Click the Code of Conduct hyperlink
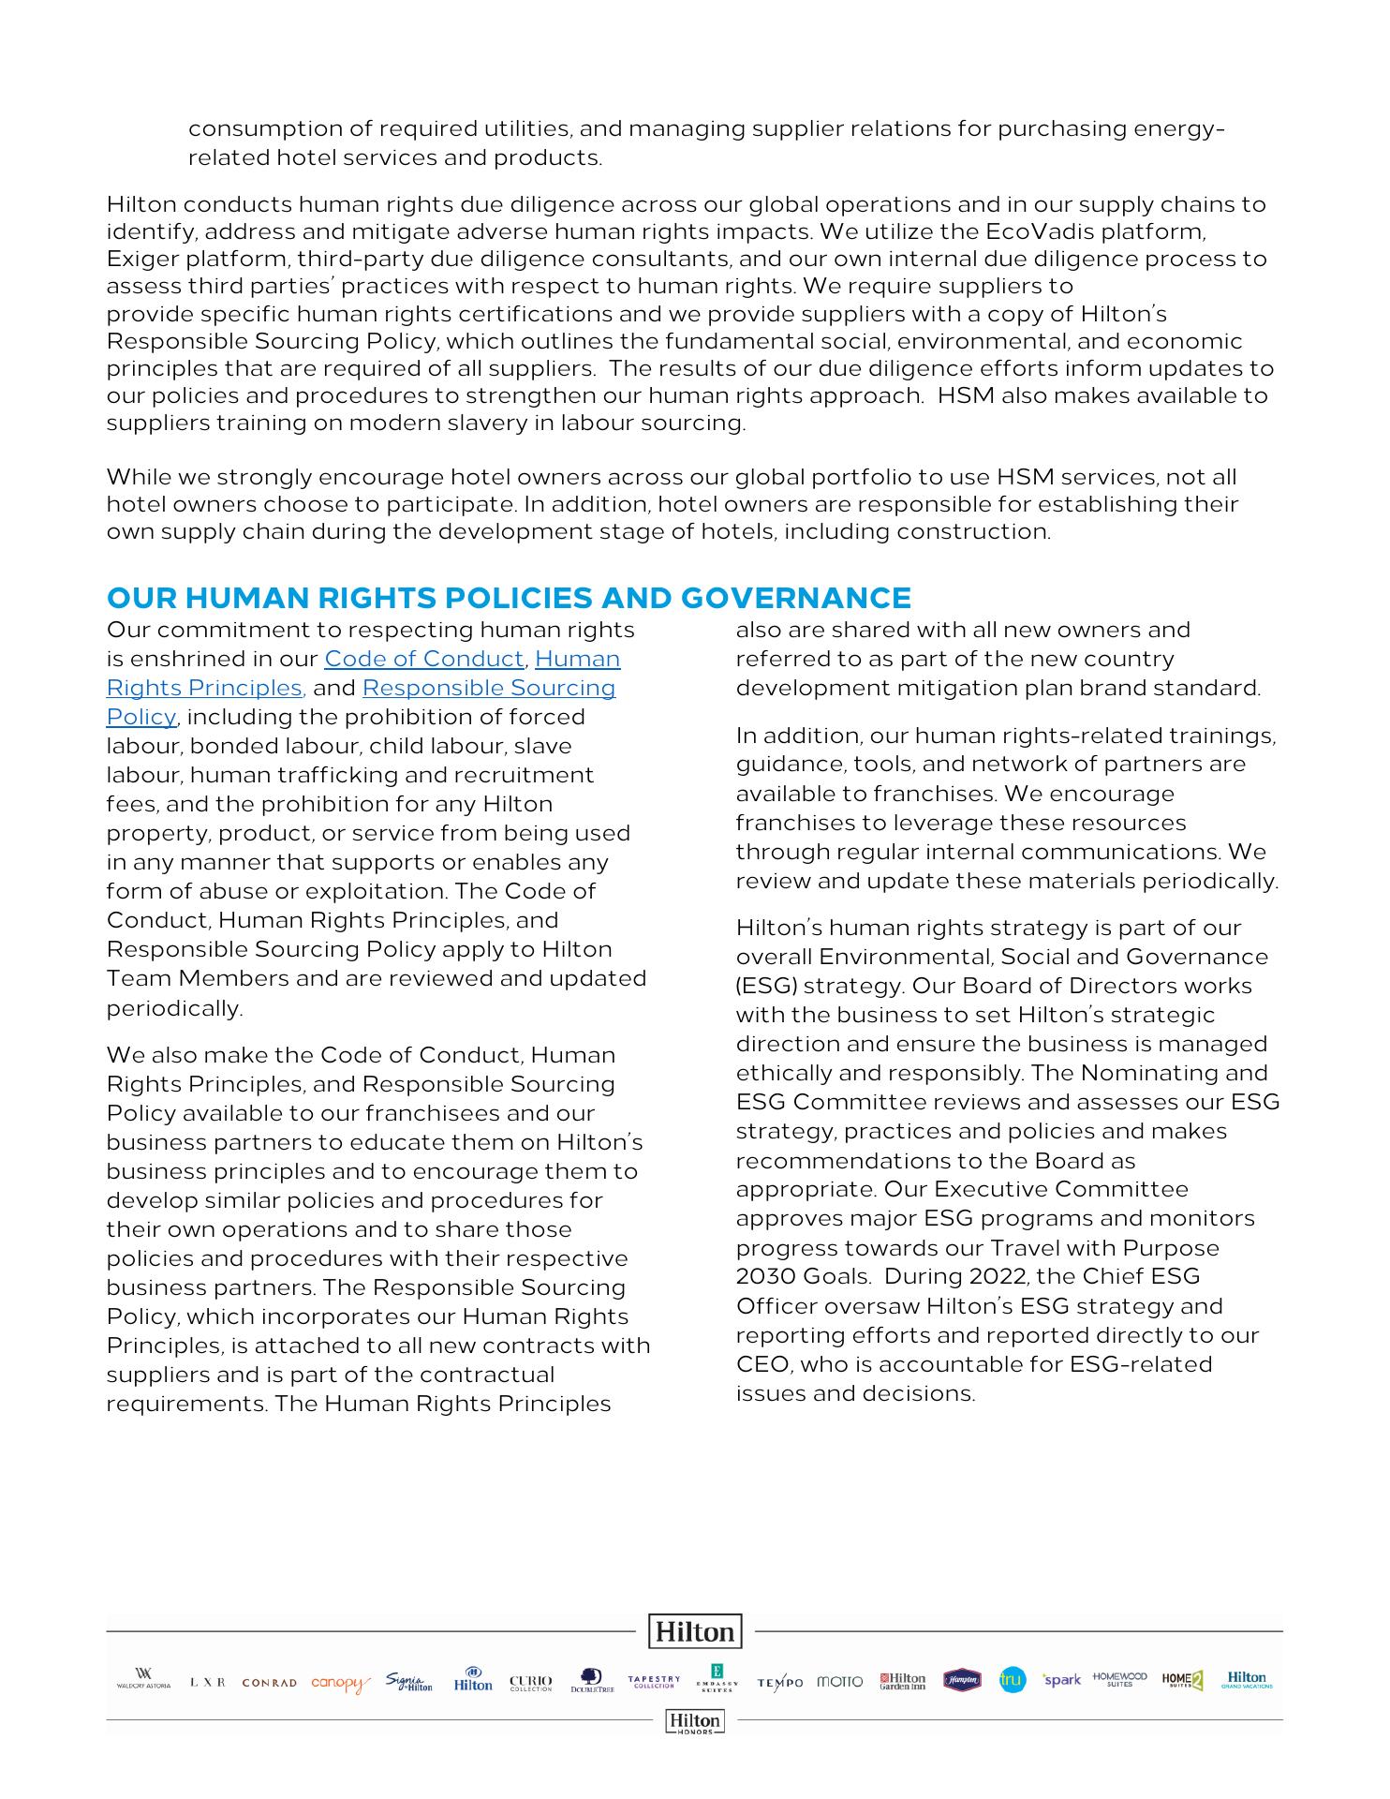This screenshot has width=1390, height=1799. pos(423,659)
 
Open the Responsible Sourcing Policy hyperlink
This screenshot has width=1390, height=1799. pos(488,688)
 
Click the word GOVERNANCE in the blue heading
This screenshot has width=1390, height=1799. pos(795,598)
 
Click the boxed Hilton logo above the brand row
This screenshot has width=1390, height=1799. pos(695,1631)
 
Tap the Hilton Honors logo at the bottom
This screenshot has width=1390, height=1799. pos(695,1721)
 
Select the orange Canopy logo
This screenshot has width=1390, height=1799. pos(340,1683)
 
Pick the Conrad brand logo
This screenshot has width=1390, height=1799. pos(269,1683)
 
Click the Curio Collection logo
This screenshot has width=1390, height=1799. pos(531,1683)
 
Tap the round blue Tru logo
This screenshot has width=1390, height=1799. pos(1012,1680)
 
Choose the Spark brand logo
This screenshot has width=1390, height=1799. pos(1062,1680)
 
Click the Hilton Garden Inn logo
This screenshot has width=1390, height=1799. pos(902,1681)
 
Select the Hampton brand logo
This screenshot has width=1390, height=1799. pos(962,1680)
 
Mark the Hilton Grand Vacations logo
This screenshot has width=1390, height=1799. pos(1247,1679)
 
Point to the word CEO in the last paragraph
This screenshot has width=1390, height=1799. pos(757,1364)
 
